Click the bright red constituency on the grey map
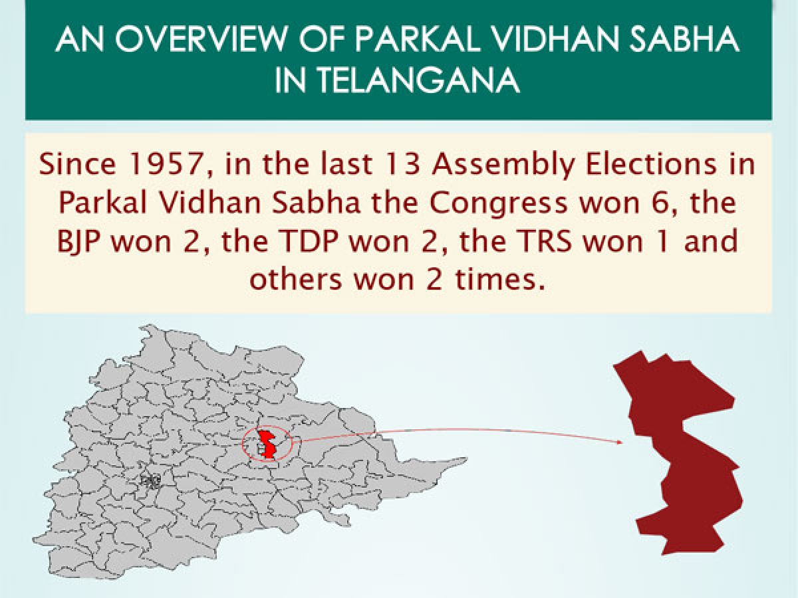tap(267, 443)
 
